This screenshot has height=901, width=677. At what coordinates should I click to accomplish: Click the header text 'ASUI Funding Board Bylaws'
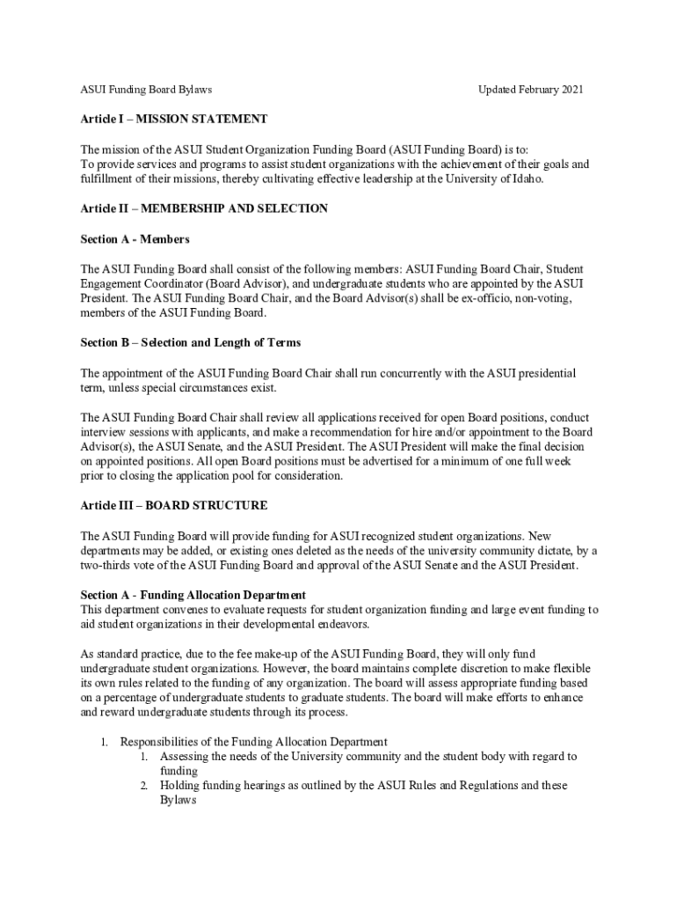click(146, 90)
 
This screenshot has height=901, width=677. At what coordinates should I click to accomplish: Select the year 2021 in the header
click(570, 90)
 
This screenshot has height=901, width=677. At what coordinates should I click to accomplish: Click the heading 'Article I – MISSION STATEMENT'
click(173, 119)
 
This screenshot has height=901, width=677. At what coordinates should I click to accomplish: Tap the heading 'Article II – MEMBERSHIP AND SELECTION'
click(204, 209)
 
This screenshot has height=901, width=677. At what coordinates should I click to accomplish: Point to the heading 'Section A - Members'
click(135, 238)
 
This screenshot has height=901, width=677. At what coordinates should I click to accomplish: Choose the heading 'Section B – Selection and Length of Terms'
click(190, 342)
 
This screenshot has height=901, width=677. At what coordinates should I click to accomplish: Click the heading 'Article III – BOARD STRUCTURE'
click(174, 506)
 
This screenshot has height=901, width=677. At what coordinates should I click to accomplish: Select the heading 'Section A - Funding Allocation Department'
click(193, 595)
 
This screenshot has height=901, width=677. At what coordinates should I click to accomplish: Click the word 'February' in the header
click(531, 90)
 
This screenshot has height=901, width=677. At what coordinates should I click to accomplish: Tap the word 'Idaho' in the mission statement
click(527, 179)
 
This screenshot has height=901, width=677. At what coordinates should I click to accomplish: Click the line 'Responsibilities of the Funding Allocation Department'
click(253, 742)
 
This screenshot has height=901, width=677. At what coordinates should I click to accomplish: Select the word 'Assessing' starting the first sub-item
click(185, 757)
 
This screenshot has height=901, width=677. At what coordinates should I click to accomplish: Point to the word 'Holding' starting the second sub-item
click(180, 786)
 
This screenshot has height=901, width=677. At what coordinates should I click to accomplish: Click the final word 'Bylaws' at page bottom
click(178, 801)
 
